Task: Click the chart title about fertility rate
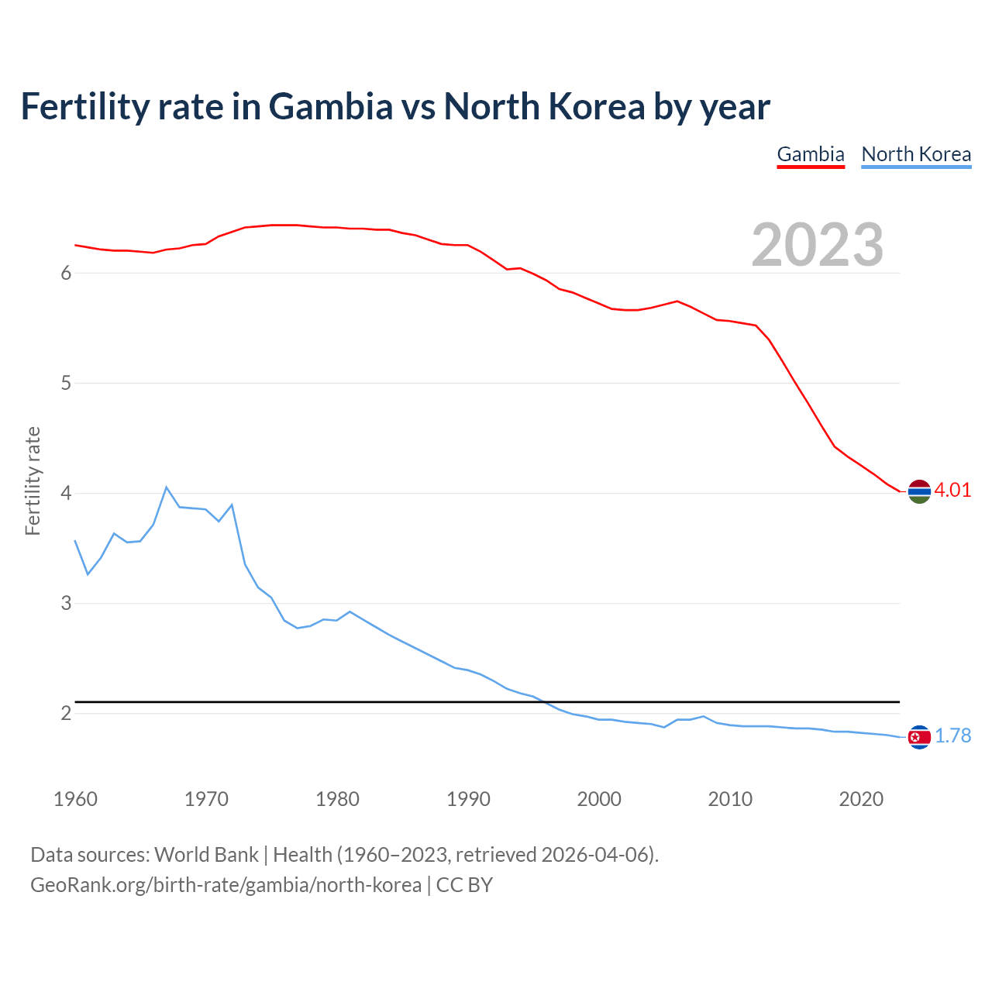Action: tap(395, 107)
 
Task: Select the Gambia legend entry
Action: tap(810, 154)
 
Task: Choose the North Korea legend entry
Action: tap(916, 154)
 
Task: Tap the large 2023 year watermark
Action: tap(817, 245)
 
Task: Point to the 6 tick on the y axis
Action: tap(66, 273)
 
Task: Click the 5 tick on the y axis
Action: tap(66, 383)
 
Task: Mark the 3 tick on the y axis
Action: tap(66, 603)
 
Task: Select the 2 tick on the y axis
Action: tap(66, 713)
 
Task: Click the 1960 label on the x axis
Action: tap(75, 799)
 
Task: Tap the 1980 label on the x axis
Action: tap(337, 799)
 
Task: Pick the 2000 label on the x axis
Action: tap(599, 799)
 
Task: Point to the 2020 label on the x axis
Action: tap(861, 799)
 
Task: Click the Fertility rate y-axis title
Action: tap(33, 480)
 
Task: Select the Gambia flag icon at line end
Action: tap(919, 491)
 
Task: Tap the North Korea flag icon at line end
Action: tap(919, 737)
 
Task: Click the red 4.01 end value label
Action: tap(952, 490)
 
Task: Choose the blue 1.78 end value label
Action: tap(952, 735)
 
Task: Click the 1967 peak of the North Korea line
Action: tap(167, 487)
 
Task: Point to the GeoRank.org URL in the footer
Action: tap(226, 884)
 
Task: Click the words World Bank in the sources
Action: tap(206, 854)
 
